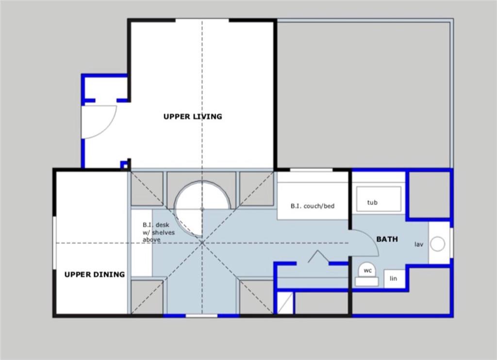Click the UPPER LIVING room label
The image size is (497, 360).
click(x=193, y=117)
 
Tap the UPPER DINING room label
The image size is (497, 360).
click(x=95, y=274)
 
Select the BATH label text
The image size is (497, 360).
click(x=387, y=239)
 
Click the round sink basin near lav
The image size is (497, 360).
click(x=437, y=244)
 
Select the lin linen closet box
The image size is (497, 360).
click(x=394, y=279)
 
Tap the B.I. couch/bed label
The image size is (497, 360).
click(x=313, y=206)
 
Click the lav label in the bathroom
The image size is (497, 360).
click(x=418, y=244)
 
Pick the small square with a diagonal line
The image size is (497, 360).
click(x=284, y=303)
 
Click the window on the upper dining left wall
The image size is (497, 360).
click(x=54, y=243)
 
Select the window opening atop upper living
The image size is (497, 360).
click(x=202, y=20)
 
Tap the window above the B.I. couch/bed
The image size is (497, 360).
click(x=312, y=170)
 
